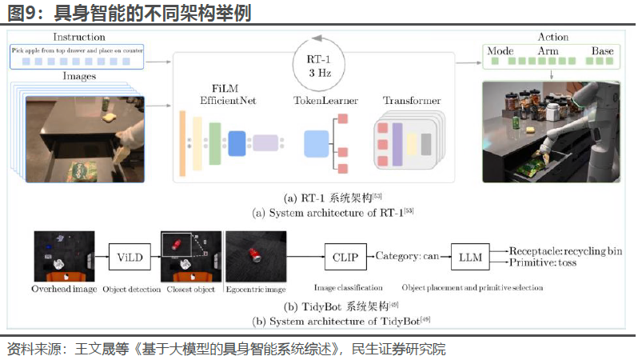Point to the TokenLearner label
325,102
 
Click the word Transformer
412,102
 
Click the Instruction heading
78,37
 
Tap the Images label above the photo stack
78,77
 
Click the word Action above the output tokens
553,37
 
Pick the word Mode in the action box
500,51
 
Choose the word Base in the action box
602,51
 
